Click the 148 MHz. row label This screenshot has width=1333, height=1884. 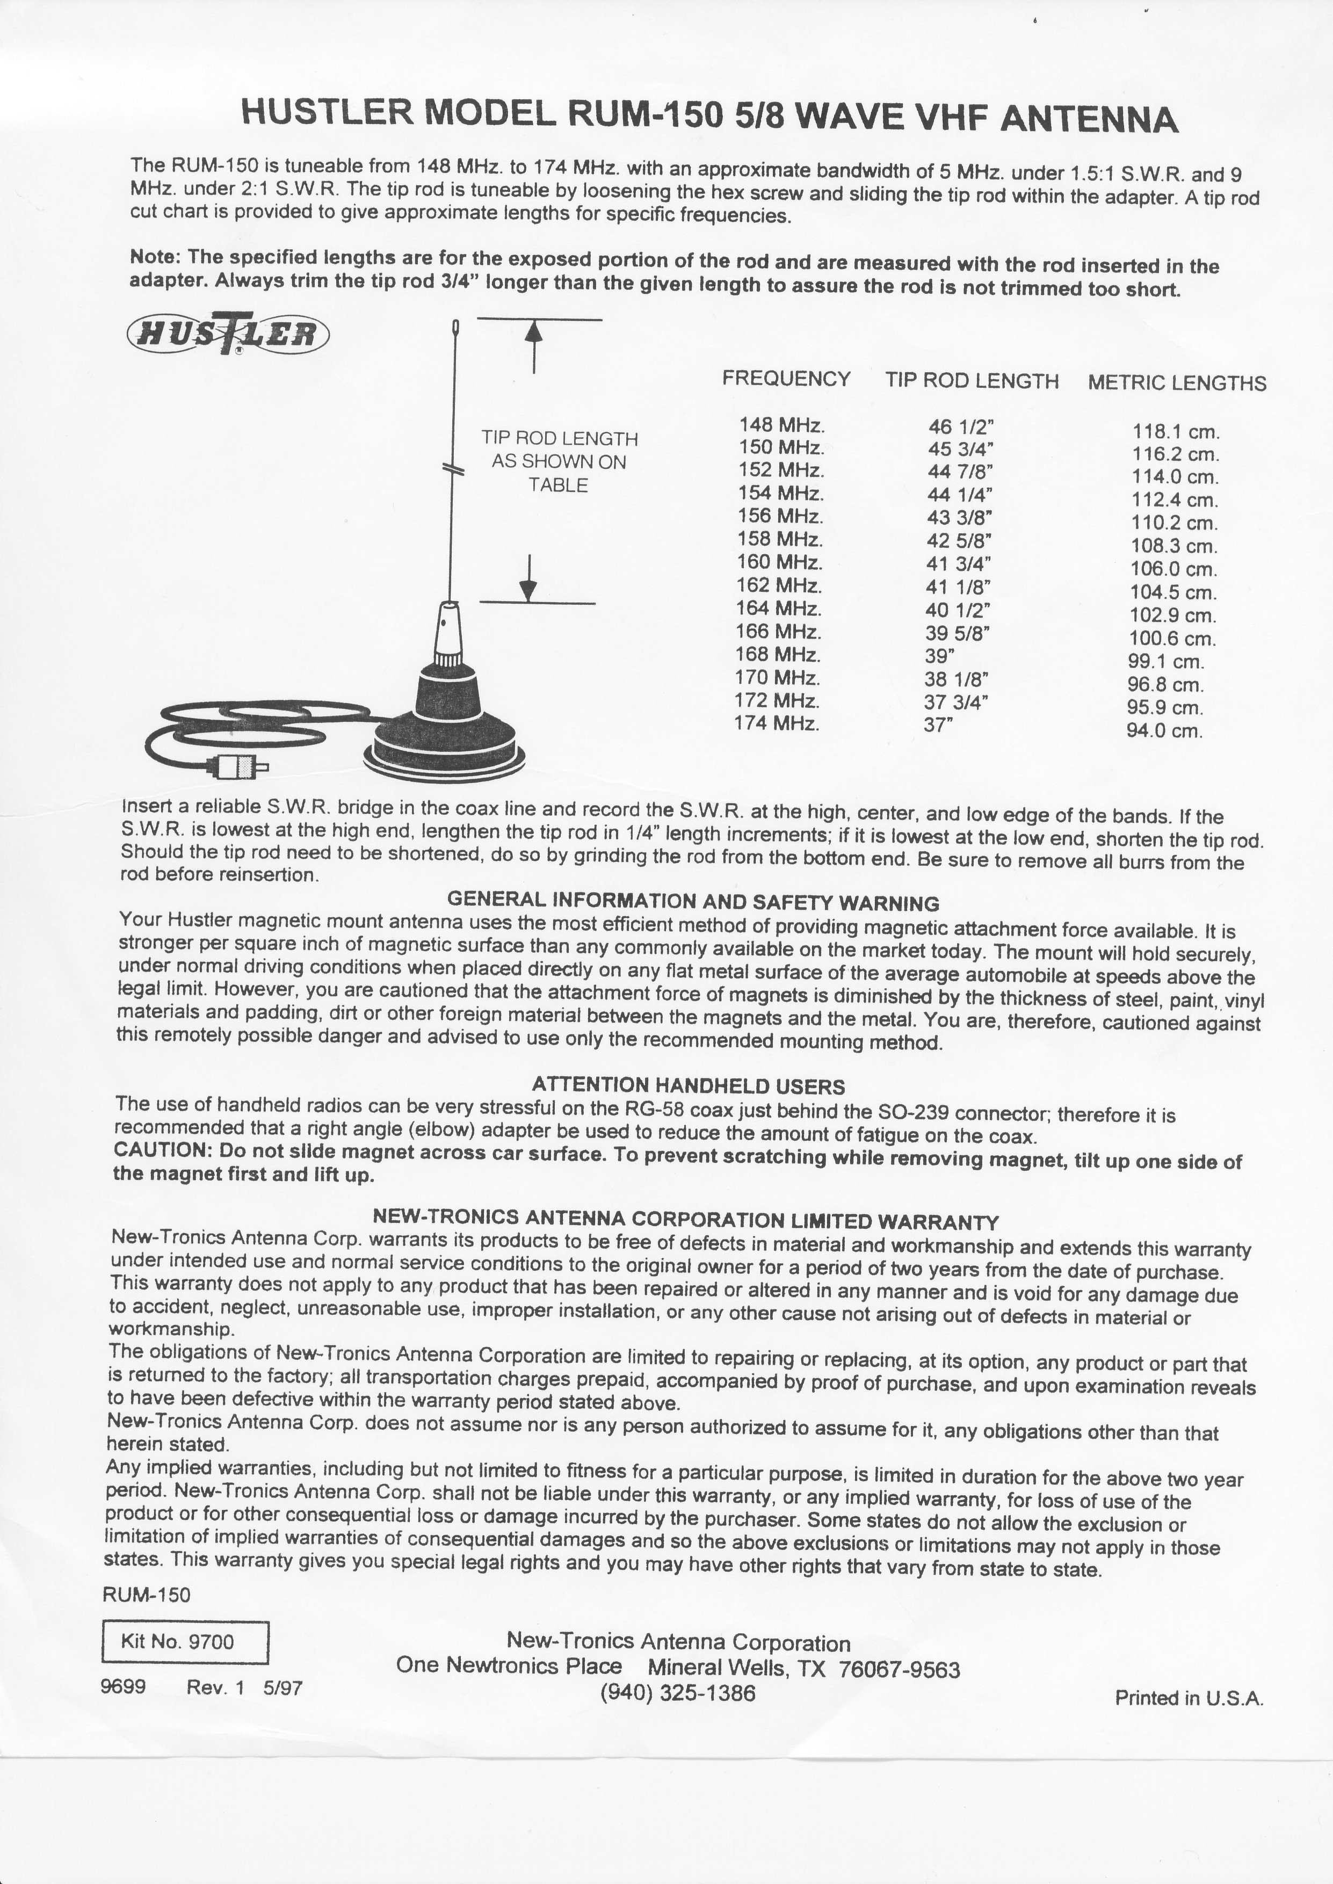coord(780,425)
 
